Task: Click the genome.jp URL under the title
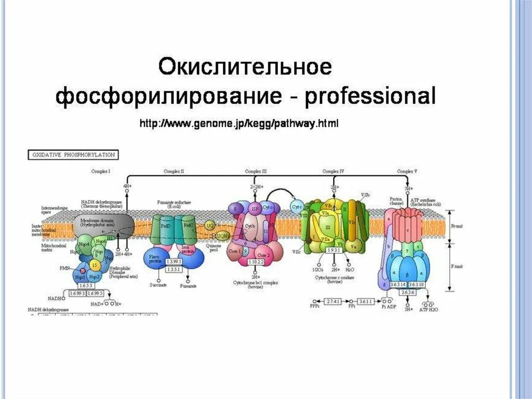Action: pyautogui.click(x=238, y=124)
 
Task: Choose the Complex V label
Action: pyautogui.click(x=407, y=171)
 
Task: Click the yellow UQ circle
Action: pyautogui.click(x=210, y=226)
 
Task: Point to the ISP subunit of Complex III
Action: pyautogui.click(x=255, y=209)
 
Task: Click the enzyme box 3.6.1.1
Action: pyautogui.click(x=367, y=301)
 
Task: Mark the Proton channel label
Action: pyautogui.click(x=397, y=201)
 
